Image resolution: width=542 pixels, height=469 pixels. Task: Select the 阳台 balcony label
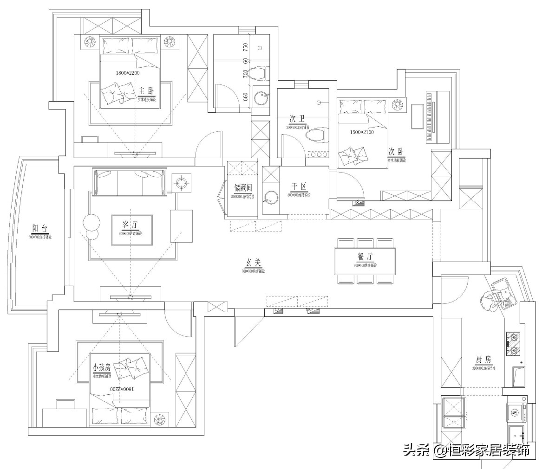39,228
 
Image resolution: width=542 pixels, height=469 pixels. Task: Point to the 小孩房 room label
101,367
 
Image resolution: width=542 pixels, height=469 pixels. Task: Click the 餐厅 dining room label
365,257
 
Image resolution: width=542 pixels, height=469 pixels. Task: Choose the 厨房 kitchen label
483,360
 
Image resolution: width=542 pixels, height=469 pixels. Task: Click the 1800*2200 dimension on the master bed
127,73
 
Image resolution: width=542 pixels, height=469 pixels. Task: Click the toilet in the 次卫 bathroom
314,135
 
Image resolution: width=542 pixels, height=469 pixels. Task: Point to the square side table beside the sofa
181,183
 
